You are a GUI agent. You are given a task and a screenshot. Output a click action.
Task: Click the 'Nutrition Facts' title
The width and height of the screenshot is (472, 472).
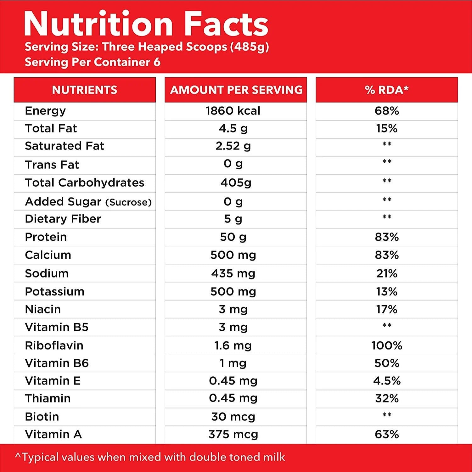146,24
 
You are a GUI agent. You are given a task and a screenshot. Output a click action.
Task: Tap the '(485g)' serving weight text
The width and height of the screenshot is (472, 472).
249,47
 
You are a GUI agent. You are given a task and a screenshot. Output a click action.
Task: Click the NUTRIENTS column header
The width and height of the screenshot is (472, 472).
85,90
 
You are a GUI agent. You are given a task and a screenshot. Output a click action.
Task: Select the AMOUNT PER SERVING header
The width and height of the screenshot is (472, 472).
236,90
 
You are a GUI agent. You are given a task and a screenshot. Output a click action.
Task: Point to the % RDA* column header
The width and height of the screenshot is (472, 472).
387,90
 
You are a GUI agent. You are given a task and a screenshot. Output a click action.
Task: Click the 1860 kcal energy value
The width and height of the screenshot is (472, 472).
233,111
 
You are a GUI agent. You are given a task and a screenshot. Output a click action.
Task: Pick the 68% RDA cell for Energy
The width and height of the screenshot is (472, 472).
387,111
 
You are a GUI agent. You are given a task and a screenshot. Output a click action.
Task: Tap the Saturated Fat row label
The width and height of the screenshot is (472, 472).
65,146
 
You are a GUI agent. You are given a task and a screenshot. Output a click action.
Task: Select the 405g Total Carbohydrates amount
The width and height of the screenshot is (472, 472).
236,183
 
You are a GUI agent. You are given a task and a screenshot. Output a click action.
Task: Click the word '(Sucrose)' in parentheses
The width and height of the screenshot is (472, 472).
129,202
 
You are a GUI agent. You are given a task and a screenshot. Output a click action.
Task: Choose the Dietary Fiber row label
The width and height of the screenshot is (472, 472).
63,219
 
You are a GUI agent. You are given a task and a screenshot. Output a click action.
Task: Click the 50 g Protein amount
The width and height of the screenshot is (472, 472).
233,237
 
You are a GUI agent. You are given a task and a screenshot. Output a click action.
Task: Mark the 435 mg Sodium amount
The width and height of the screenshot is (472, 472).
233,273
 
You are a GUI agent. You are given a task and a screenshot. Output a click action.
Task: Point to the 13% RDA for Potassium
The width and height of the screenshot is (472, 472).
387,291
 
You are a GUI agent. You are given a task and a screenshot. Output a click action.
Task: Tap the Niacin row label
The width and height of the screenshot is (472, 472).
43,309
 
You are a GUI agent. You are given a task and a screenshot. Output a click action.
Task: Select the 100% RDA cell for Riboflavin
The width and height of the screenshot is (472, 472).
387,346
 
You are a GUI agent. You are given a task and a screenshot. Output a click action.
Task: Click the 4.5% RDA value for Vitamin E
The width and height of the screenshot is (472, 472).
387,381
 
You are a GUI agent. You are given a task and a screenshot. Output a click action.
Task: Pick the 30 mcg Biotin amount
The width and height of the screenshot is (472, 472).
233,417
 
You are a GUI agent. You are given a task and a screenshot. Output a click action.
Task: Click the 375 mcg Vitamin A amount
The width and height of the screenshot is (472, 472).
233,434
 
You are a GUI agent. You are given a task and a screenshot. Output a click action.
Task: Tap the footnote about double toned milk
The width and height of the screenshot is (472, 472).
150,457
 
